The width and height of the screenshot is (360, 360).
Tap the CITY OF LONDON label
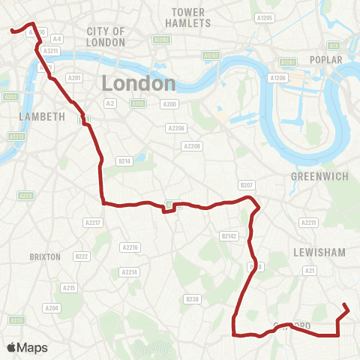click(106, 36)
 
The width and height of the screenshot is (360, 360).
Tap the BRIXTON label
click(44, 256)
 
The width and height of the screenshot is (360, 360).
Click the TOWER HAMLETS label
click(188, 18)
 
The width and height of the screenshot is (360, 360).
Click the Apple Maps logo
click(27, 347)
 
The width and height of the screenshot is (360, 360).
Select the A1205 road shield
click(263, 17)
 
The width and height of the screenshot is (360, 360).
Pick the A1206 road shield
click(278, 78)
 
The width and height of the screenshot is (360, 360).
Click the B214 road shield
click(124, 160)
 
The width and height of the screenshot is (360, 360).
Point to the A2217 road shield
click(93, 223)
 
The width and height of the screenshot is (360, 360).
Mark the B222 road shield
click(82, 256)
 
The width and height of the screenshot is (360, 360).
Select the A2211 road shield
click(308, 223)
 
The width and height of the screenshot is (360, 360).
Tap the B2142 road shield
click(229, 235)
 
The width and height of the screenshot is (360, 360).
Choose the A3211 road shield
click(51, 51)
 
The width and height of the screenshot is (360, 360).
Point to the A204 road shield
click(52, 308)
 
